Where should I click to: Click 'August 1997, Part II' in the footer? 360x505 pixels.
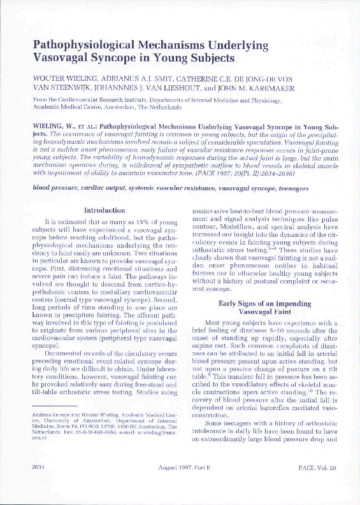pos(185,485)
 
